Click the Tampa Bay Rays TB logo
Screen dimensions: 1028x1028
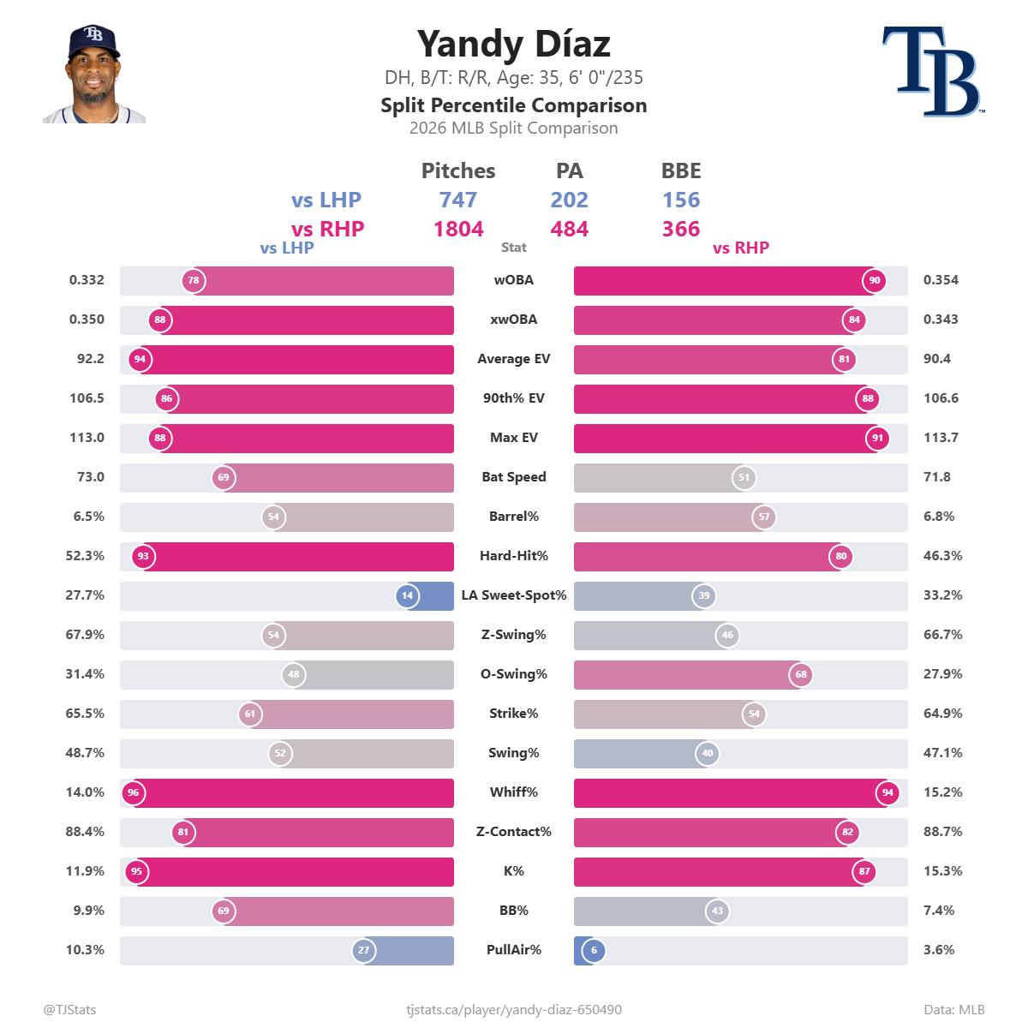[933, 71]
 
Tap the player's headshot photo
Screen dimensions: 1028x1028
[94, 74]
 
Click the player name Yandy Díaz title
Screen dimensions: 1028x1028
[513, 44]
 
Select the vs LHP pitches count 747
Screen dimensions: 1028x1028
[457, 200]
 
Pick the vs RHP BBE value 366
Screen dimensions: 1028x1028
[681, 229]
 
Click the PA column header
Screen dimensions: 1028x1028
[569, 170]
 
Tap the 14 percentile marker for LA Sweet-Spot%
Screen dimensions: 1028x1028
[407, 595]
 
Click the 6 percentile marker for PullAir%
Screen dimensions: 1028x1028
[594, 950]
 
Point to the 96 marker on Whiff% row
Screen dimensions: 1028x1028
[134, 792]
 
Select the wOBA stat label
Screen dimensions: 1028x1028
[513, 280]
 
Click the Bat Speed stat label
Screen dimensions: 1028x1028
[514, 477]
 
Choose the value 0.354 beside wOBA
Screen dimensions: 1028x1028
[941, 280]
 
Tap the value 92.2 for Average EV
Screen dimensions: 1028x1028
[90, 358]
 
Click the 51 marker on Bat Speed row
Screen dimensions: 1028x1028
[744, 477]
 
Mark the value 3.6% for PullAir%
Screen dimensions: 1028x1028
[938, 949]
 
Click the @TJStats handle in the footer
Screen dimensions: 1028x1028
[69, 1009]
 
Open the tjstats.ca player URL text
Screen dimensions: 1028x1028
[514, 1010]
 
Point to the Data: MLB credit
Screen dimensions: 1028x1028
[953, 1009]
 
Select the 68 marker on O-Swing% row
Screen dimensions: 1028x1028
[801, 674]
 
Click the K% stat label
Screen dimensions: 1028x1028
[514, 871]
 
